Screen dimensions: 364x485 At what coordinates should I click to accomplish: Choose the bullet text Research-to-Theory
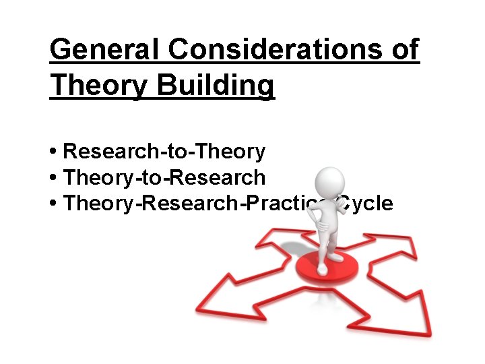click(x=164, y=152)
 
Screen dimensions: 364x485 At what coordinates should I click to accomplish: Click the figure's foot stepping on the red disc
click(x=323, y=269)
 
